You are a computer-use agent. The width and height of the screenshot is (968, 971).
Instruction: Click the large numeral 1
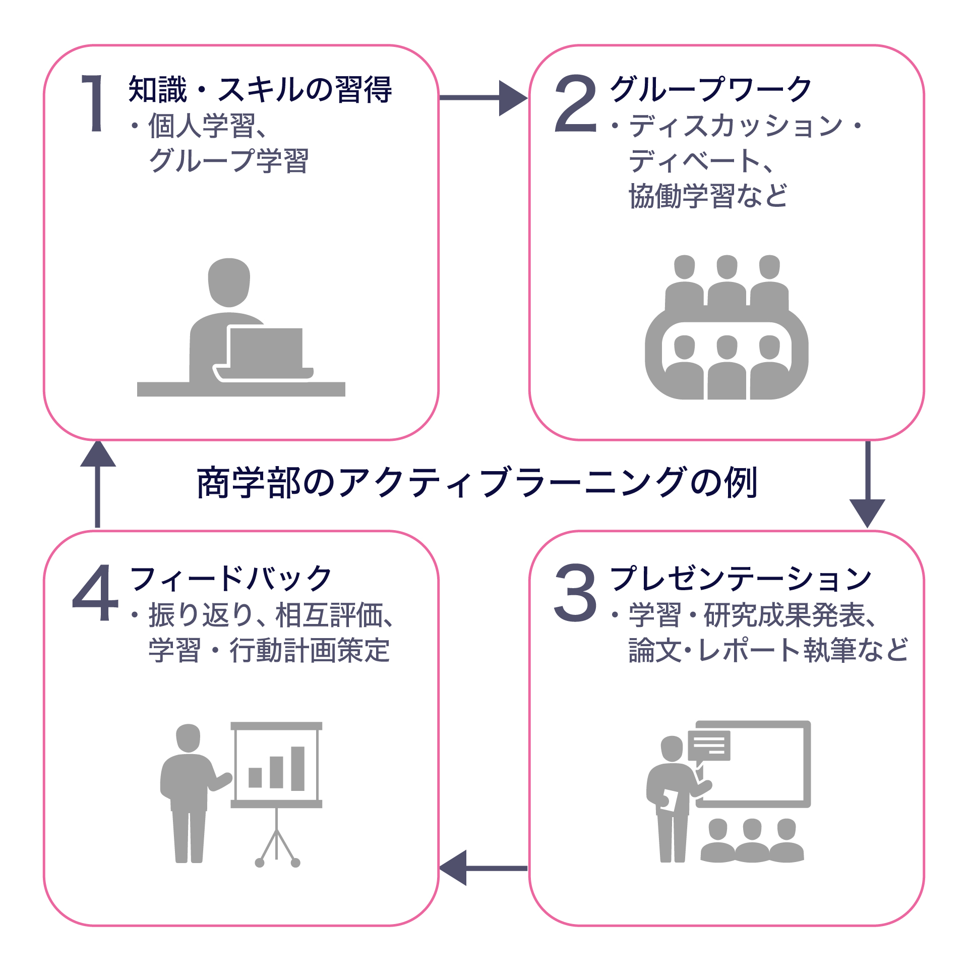click(x=93, y=103)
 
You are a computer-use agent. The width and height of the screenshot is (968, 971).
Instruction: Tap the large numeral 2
click(x=575, y=103)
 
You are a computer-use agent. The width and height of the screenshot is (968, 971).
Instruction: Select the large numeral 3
click(x=575, y=592)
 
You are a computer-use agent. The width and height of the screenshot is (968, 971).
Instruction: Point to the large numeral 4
click(x=96, y=592)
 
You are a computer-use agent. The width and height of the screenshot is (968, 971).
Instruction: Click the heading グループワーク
click(x=711, y=89)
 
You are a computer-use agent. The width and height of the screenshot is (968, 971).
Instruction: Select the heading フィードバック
click(x=230, y=578)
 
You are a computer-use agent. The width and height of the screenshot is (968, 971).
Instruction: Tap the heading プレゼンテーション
click(x=741, y=578)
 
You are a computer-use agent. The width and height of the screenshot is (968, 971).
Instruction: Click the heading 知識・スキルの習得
click(x=260, y=90)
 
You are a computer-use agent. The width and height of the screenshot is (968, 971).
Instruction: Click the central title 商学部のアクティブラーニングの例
click(x=477, y=483)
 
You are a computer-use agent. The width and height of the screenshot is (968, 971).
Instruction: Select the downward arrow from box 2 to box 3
click(x=867, y=484)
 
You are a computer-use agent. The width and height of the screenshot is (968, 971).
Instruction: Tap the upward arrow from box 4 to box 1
click(x=98, y=484)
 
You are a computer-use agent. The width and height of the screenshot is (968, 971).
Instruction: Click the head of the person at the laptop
click(x=229, y=282)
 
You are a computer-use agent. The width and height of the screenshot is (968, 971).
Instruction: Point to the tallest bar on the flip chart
click(x=297, y=768)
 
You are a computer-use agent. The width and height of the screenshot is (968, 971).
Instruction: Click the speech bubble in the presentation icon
click(x=709, y=745)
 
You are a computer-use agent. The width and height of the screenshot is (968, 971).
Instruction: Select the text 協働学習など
click(x=708, y=196)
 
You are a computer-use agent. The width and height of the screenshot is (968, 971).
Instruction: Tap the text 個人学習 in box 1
click(x=202, y=126)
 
